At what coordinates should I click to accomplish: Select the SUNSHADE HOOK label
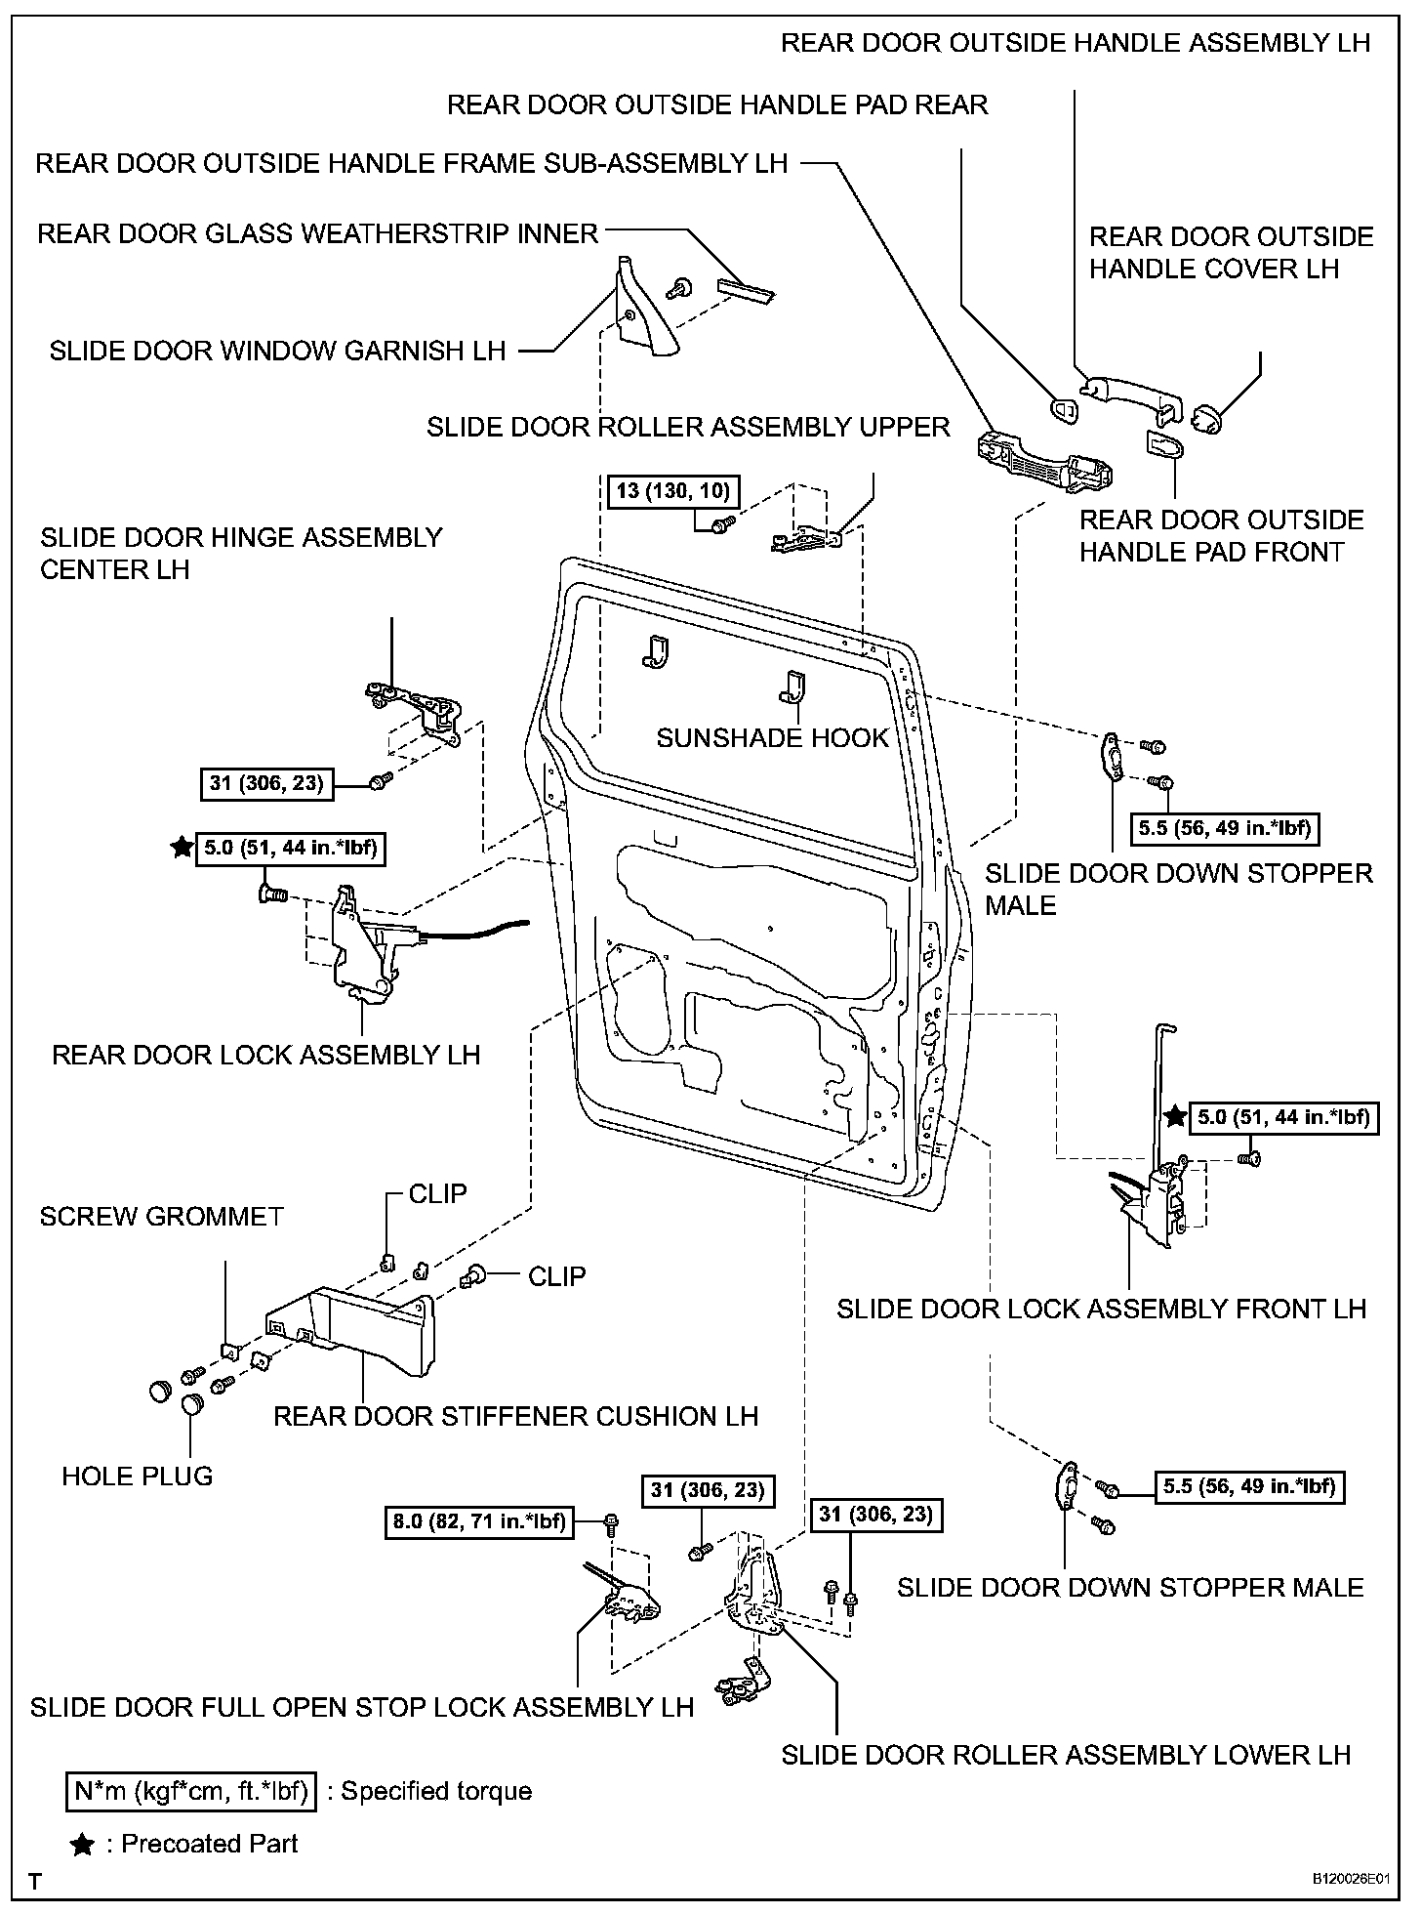pyautogui.click(x=772, y=737)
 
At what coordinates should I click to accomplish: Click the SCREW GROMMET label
pyautogui.click(x=161, y=1216)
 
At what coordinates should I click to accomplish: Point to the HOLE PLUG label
pyautogui.click(x=138, y=1476)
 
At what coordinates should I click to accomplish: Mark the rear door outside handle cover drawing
pyautogui.click(x=1208, y=420)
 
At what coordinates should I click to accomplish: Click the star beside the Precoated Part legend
pyautogui.click(x=83, y=1845)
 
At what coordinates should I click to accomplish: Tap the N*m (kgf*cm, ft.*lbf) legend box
pyautogui.click(x=191, y=1791)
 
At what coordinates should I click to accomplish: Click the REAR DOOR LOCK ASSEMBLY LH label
pyautogui.click(x=265, y=1055)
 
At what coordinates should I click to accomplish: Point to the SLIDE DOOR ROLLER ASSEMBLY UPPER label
pyautogui.click(x=688, y=427)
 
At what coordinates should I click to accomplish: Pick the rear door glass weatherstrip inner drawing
pyautogui.click(x=747, y=288)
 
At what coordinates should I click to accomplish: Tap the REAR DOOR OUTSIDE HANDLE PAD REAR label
pyautogui.click(x=717, y=104)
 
